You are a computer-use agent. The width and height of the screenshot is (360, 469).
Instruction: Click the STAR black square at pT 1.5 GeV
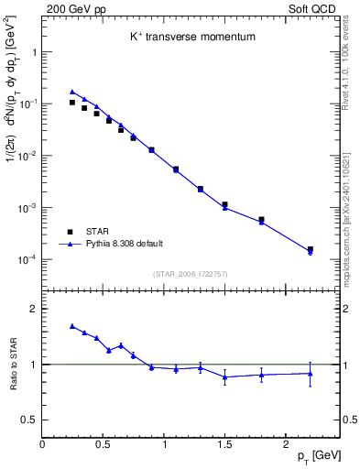pos(224,204)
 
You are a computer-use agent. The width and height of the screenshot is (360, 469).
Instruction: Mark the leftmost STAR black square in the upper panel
pos(72,103)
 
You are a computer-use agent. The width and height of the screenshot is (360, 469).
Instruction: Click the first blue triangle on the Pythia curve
pos(72,92)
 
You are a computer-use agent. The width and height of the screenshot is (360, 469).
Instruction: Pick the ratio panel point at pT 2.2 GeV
pos(310,373)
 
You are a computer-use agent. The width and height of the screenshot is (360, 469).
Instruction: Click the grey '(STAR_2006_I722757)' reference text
pos(191,274)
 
